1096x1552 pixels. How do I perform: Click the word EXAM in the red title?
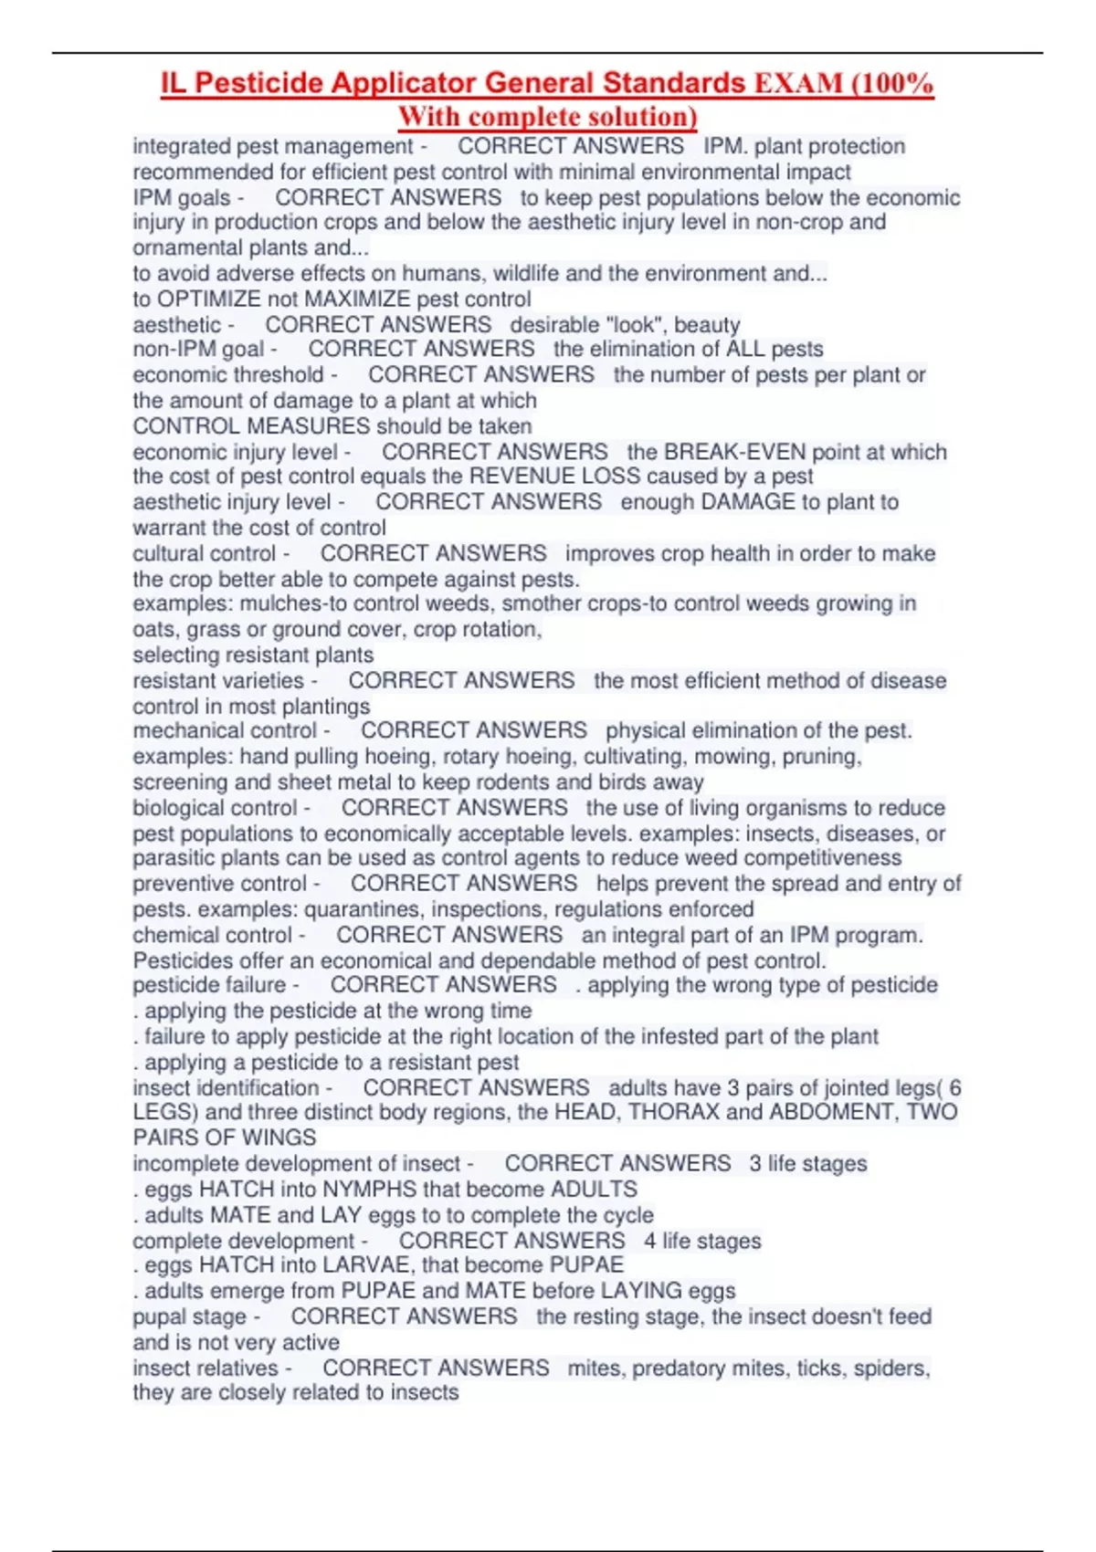(x=798, y=84)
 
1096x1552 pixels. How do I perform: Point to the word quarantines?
(x=363, y=909)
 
